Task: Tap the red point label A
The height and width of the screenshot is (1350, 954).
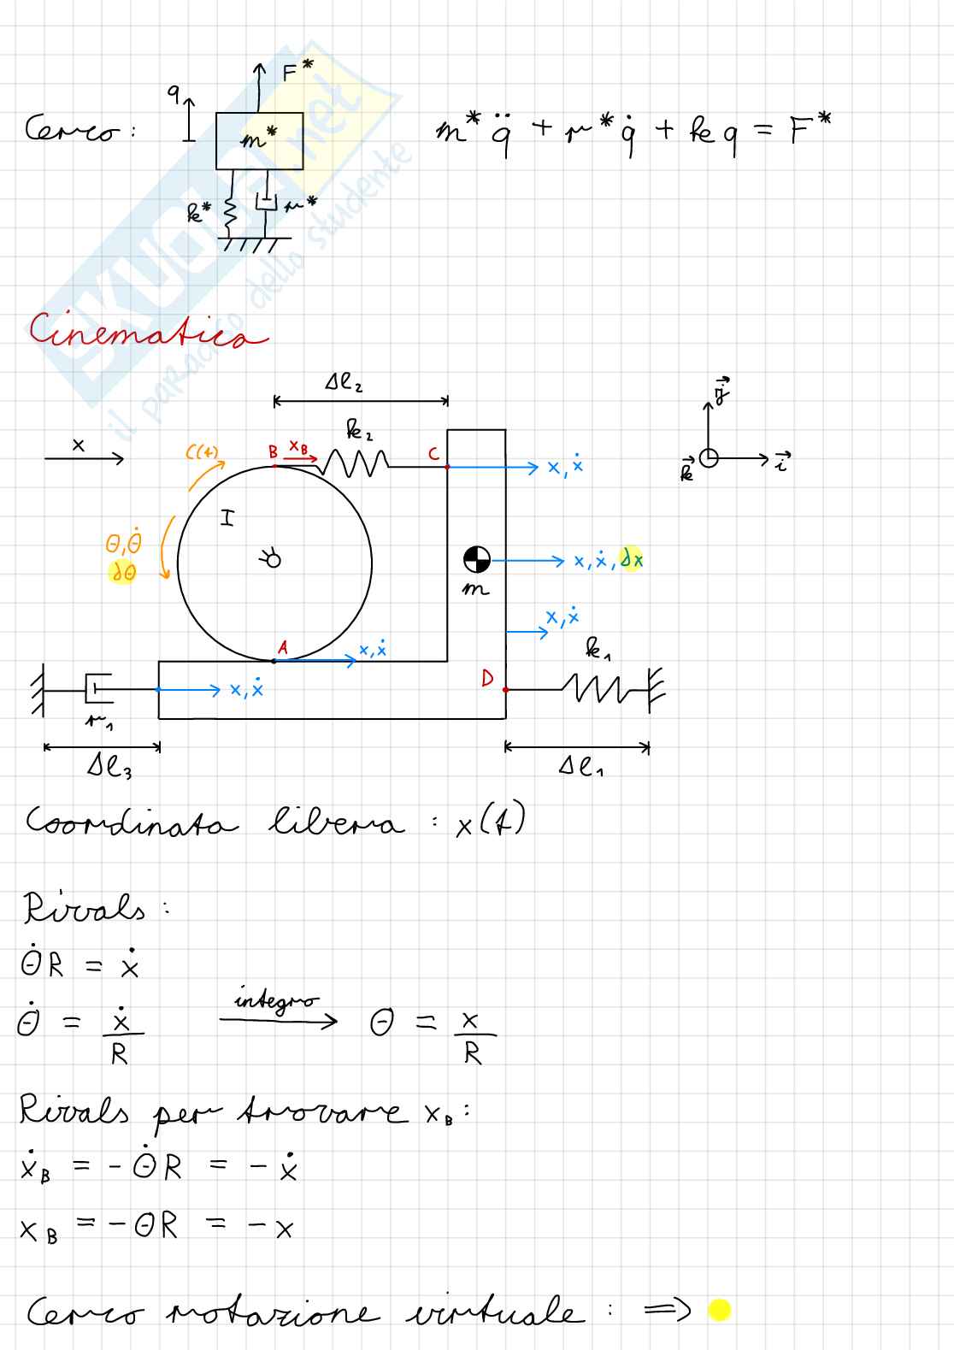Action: tap(283, 648)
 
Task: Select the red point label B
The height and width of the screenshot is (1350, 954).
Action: tap(273, 452)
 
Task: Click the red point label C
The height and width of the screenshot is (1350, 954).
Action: tap(433, 454)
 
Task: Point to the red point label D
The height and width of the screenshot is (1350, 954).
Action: tap(487, 680)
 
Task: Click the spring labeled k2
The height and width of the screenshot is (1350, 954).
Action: tap(353, 464)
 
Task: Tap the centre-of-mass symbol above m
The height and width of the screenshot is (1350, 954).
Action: tap(476, 560)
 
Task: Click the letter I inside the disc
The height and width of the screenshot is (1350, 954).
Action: tap(227, 517)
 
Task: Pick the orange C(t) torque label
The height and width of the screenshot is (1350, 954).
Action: tap(203, 452)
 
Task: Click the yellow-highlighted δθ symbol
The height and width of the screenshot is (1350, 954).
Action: tap(123, 574)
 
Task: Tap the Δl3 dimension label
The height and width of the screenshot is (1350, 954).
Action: tap(109, 767)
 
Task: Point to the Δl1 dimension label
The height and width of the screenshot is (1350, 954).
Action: tap(581, 767)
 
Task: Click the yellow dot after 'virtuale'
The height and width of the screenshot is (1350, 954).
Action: tap(720, 1310)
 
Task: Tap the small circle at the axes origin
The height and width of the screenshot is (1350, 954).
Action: tap(709, 458)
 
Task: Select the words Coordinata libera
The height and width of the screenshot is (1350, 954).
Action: tap(214, 824)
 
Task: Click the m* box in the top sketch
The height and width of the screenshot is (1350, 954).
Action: tap(259, 140)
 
